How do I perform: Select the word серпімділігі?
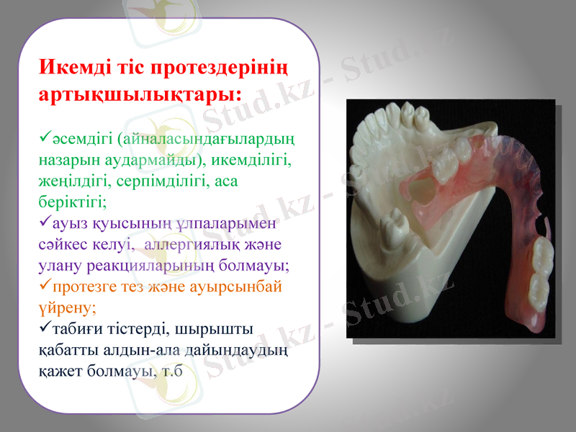pyautogui.click(x=161, y=180)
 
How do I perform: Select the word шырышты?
pyautogui.click(x=224, y=330)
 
